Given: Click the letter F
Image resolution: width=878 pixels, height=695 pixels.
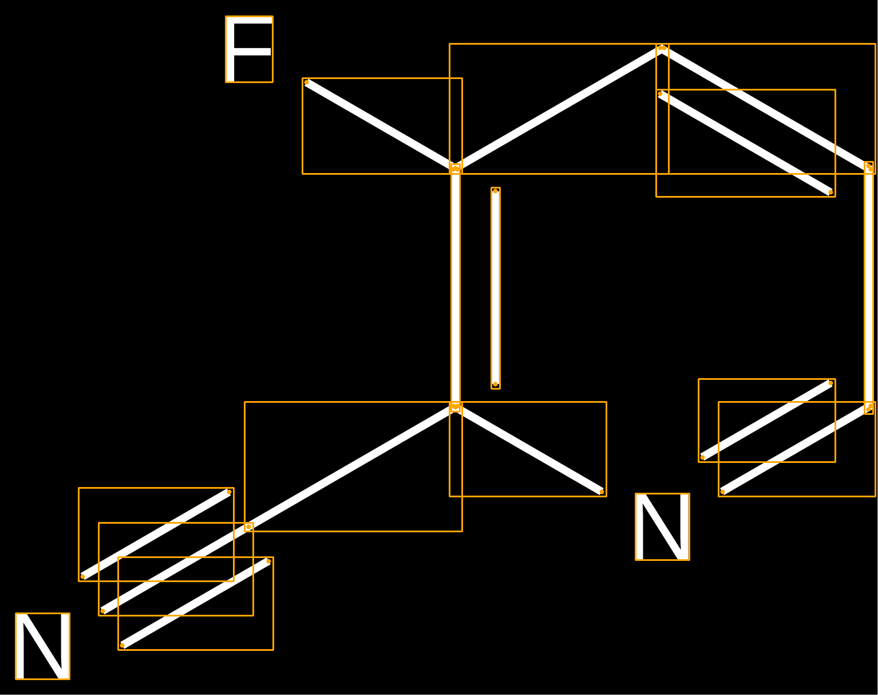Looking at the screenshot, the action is click(249, 49).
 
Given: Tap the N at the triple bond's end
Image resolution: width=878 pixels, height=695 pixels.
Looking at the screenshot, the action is click(42, 646).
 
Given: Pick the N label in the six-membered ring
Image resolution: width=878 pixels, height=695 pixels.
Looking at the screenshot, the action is click(663, 527).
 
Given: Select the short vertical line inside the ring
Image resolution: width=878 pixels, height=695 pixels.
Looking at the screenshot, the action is click(495, 288).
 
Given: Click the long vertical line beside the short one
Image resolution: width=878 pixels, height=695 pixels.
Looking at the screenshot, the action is click(456, 288).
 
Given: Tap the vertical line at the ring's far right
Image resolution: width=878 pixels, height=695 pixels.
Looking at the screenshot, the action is click(869, 288).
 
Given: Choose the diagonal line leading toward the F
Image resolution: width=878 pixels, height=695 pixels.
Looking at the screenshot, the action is click(381, 125).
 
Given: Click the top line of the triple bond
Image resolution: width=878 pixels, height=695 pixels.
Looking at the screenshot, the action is click(156, 535).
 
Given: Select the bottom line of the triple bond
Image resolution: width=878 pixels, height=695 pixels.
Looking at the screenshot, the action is click(195, 603).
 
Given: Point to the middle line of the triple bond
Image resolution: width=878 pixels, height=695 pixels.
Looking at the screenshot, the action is click(176, 569).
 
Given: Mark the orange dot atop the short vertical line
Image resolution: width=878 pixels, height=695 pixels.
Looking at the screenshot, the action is click(495, 191).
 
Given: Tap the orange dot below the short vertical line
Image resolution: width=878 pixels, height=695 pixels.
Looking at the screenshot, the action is click(495, 384).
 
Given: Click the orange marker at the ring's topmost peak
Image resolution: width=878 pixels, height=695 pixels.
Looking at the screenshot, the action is click(662, 48).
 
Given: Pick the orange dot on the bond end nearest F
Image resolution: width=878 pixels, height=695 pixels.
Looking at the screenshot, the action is click(307, 83).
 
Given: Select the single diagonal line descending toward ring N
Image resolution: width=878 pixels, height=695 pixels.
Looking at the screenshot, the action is click(528, 449).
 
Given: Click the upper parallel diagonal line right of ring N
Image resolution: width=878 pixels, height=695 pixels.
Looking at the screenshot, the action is click(766, 421).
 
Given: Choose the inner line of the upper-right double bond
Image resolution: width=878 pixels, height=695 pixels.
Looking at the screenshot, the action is click(745, 143).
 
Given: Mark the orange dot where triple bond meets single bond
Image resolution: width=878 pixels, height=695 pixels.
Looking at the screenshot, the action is click(248, 527).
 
